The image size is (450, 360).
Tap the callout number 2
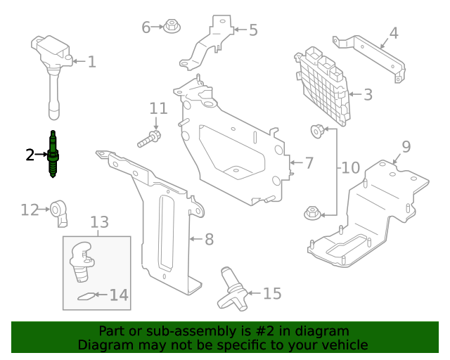pos(30,155)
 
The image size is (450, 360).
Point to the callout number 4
pos(393,32)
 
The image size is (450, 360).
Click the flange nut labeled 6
pos(171,27)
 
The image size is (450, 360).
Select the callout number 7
pos(309,162)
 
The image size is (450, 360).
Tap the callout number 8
pos(208,239)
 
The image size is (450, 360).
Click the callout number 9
pos(406,146)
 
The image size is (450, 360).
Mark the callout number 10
pos(350,169)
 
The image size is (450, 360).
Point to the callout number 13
pos(99,222)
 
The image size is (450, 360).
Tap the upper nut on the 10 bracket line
pos(318,129)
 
